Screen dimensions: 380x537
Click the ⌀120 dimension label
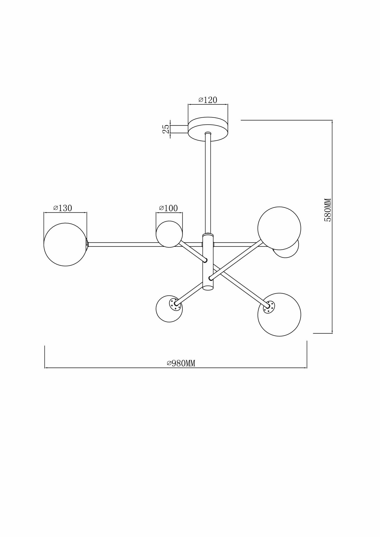pos(208,100)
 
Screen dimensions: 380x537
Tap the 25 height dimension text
pos(166,129)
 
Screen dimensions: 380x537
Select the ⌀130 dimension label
pos(63,208)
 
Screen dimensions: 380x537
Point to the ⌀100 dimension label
pos(169,208)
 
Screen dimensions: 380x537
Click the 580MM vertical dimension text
pos(328,210)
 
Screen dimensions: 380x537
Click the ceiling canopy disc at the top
pos(208,126)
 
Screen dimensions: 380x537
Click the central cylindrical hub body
pos(208,260)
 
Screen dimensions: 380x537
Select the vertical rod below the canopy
pos(208,183)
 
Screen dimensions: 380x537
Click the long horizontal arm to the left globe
pos(145,244)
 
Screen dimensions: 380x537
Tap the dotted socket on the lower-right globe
pos(269,306)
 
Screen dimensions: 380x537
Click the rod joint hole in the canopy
pos(208,133)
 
